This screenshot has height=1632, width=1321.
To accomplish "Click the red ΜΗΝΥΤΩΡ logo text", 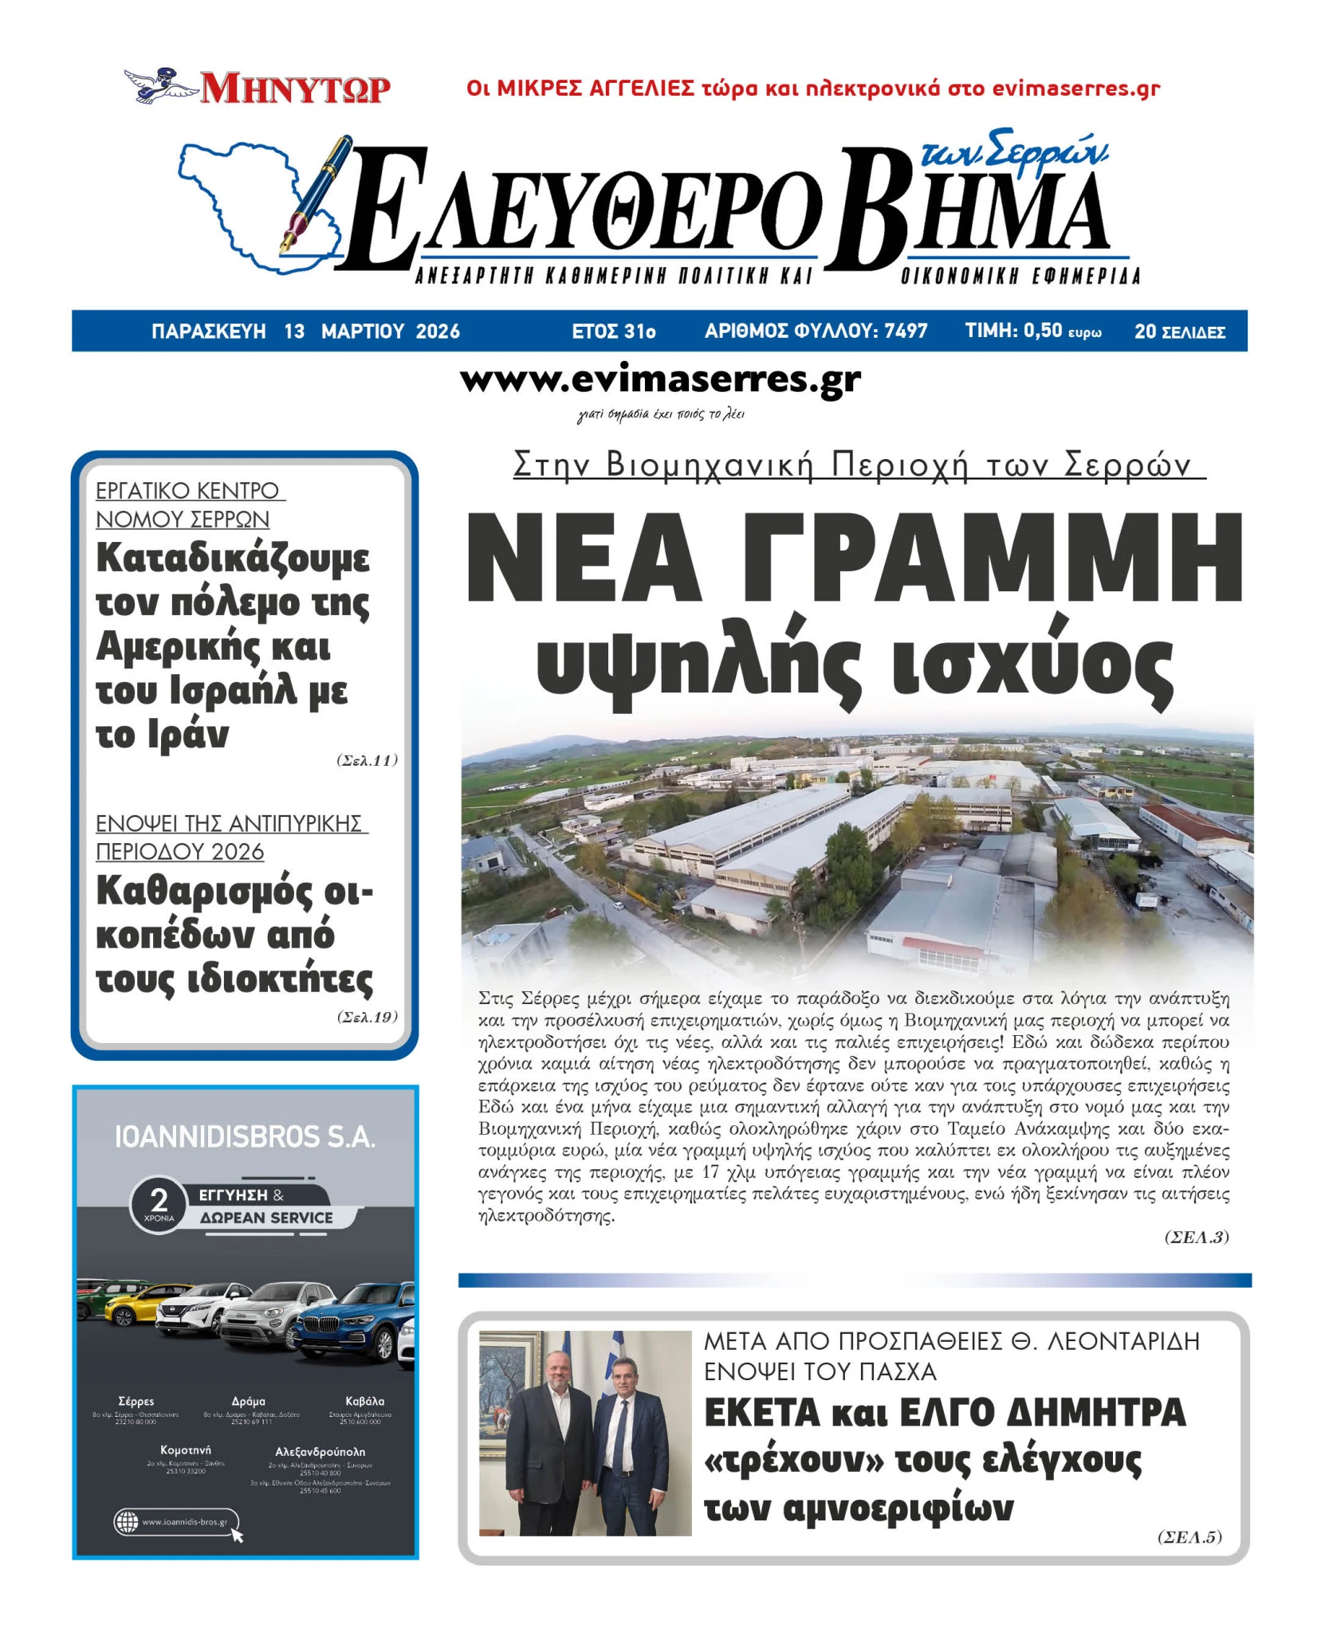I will pyautogui.click(x=295, y=88).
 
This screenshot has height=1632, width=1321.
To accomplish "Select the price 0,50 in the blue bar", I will pyautogui.click(x=1042, y=331).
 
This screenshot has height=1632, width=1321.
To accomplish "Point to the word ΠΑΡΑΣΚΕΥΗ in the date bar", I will pyautogui.click(x=208, y=331).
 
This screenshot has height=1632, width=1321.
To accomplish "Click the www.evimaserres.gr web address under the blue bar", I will pyautogui.click(x=660, y=380).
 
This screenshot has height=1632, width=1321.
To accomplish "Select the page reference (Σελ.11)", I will pyautogui.click(x=367, y=760).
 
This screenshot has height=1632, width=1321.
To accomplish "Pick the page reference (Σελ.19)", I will pyautogui.click(x=367, y=1017).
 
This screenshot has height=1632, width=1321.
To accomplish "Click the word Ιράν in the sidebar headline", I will pyautogui.click(x=188, y=734).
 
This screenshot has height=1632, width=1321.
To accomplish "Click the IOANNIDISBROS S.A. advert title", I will pyautogui.click(x=245, y=1137).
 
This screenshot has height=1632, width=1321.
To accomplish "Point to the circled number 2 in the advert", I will pyautogui.click(x=159, y=1200).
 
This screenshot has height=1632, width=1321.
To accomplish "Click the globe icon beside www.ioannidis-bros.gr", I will pyautogui.click(x=127, y=1521).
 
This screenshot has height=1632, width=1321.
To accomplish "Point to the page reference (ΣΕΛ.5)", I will pyautogui.click(x=1189, y=1536).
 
